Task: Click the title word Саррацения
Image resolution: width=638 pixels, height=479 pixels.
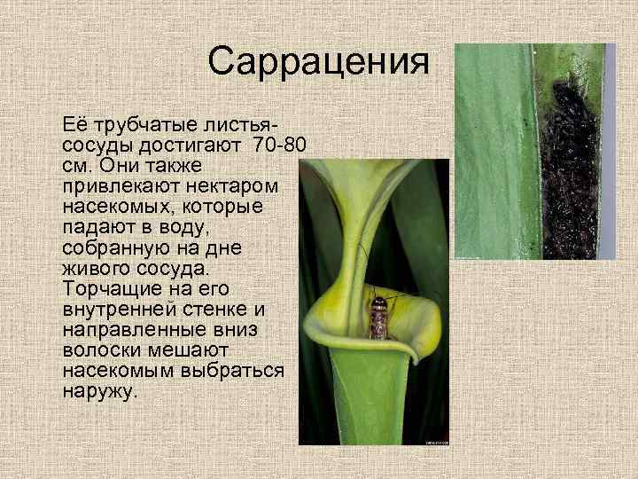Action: click(x=319, y=62)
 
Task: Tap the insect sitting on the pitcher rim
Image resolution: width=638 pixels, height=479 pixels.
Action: click(x=378, y=316)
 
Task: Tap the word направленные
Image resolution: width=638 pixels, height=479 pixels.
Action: click(x=133, y=329)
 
